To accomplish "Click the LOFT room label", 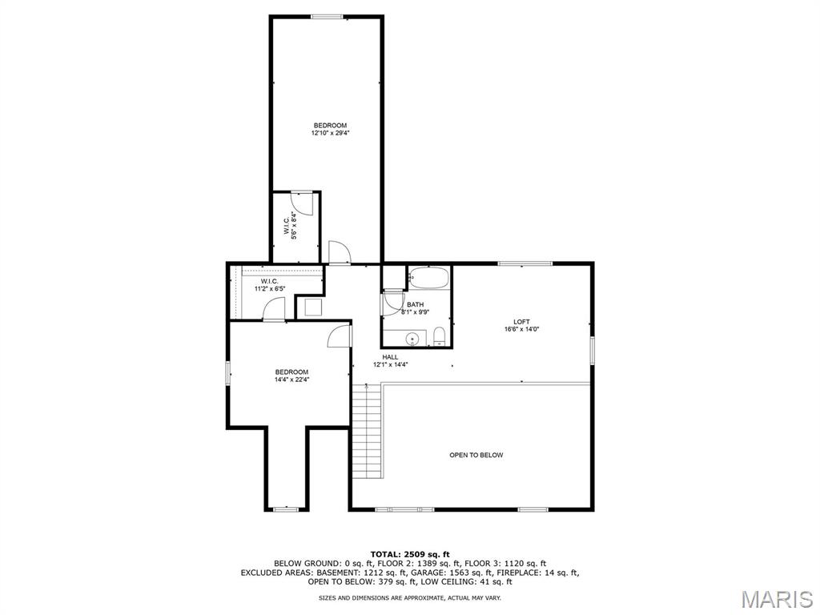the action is [x=521, y=322].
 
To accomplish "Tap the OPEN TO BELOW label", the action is [x=476, y=455].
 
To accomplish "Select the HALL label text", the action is [x=390, y=357].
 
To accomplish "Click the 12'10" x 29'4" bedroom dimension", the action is [x=330, y=133].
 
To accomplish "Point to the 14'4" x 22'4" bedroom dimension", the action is [x=291, y=380].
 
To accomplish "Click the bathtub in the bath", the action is [x=429, y=277].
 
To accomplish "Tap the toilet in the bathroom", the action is [x=440, y=337].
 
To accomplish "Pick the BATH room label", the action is [x=416, y=304].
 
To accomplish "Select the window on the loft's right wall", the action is [x=593, y=350].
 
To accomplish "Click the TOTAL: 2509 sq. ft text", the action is [x=410, y=554].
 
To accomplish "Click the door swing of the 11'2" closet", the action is [x=273, y=308].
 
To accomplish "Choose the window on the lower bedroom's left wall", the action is [x=228, y=373].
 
